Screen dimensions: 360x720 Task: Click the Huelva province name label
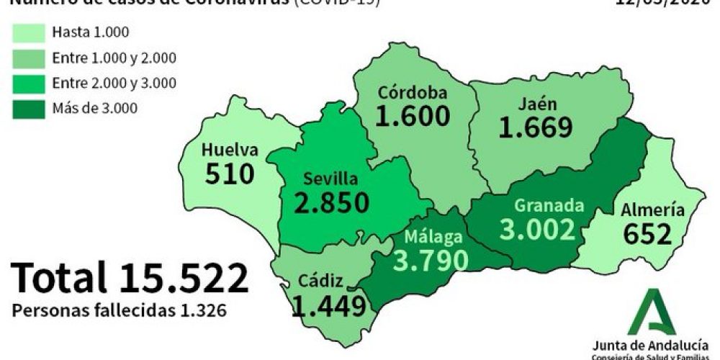230,150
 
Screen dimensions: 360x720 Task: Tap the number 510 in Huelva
229,174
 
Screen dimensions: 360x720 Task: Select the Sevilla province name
330,178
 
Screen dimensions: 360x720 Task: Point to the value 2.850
332,202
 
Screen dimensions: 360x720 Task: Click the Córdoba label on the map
413,92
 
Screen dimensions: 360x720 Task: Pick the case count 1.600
413,116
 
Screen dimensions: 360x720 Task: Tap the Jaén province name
536,103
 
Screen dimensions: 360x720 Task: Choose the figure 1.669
536,127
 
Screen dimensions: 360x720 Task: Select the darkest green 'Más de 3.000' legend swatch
28,108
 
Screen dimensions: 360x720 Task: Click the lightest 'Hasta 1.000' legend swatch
28,32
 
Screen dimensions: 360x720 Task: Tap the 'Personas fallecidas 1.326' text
120,311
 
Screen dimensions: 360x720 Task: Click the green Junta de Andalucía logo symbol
652,312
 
